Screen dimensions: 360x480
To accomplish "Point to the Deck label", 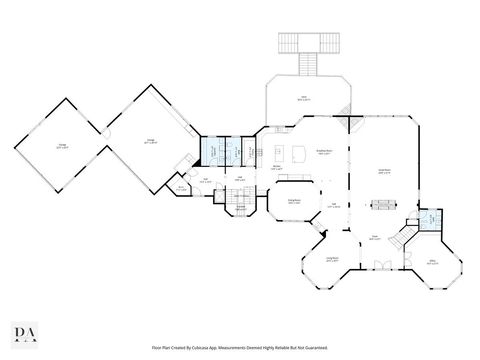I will [x=303, y=98].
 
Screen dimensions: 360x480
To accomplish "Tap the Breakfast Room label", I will [x=325, y=152].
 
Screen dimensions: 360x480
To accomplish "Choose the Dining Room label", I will [x=294, y=201].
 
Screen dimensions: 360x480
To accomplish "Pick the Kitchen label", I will [x=277, y=168].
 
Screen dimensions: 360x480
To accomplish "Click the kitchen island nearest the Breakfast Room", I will [x=296, y=154].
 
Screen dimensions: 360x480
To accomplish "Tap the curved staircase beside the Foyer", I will [x=402, y=238].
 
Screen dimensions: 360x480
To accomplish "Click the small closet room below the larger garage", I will [x=181, y=187].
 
